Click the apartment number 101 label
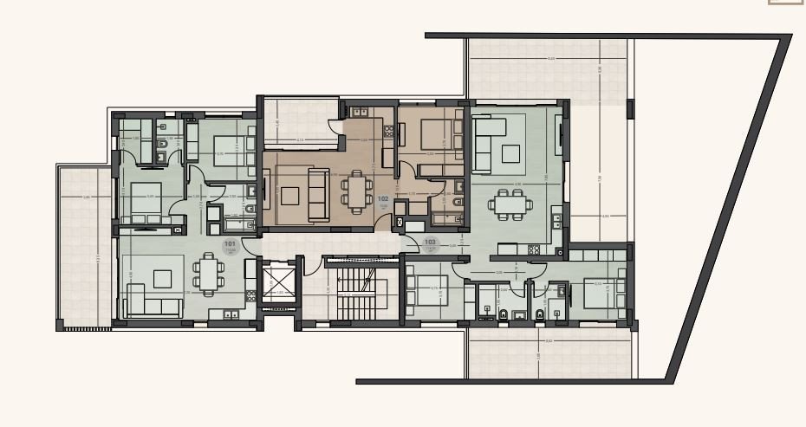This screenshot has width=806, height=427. (231, 245)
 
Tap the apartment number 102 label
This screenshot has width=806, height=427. (383, 198)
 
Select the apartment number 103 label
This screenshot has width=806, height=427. (430, 243)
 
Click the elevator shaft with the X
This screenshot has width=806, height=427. (279, 284)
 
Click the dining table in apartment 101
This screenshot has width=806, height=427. (208, 274)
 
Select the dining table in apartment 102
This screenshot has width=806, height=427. (356, 190)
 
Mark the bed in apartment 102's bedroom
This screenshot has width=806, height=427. (432, 134)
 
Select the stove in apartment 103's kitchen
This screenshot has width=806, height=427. (534, 250)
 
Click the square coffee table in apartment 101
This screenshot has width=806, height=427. (162, 278)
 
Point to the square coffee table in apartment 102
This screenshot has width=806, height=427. (289, 196)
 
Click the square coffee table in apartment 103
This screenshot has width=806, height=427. (509, 153)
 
